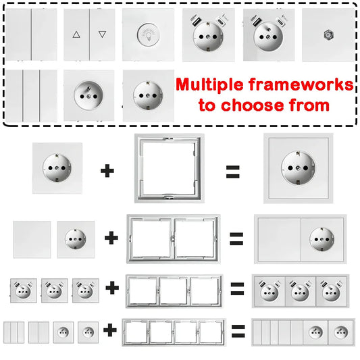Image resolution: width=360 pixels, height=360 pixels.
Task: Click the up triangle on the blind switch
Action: coord(76,34)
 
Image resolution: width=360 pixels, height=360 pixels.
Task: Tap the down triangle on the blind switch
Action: coord(102,34)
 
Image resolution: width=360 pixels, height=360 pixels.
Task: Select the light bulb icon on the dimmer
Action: coord(149,35)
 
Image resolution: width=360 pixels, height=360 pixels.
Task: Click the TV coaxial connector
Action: coord(328,35)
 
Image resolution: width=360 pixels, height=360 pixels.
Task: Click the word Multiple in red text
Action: coord(209,85)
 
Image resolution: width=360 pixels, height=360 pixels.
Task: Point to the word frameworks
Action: coord(301,84)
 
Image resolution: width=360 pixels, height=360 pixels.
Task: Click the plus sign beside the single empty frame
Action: coord(107,171)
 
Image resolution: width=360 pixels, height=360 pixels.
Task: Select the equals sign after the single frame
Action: coord(233,172)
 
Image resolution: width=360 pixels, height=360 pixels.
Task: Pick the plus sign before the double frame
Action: coord(111,238)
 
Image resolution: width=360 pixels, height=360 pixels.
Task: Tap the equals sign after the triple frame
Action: coord(237,289)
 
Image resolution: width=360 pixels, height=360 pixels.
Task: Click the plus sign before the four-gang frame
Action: coord(110,330)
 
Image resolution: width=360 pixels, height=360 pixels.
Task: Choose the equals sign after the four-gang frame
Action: coord(238,330)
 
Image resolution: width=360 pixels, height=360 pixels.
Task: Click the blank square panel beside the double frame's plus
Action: coord(32,240)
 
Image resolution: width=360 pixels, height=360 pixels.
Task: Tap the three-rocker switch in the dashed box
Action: coord(31,96)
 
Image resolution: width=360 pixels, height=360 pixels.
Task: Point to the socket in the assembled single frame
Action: coord(298,168)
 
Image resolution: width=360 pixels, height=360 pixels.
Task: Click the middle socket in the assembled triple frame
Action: coord(300,291)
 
